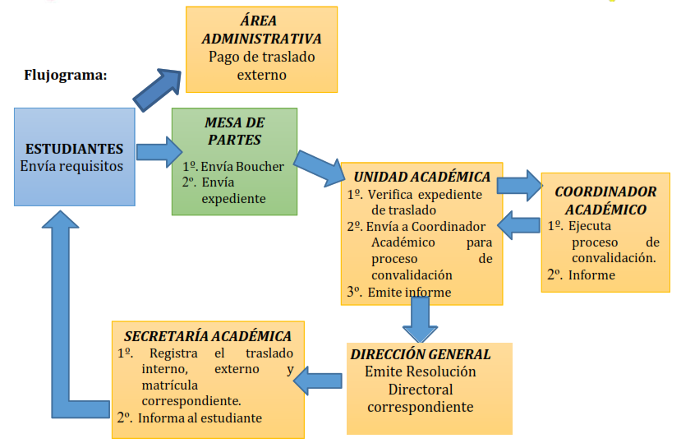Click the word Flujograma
(x=67, y=76)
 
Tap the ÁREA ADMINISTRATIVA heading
(x=261, y=30)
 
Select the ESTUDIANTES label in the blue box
(x=75, y=149)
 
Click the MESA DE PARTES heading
(x=234, y=131)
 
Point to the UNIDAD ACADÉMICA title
(x=421, y=177)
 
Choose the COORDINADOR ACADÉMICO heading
(x=605, y=200)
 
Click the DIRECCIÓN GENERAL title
(x=420, y=354)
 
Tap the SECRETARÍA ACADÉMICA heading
(x=207, y=336)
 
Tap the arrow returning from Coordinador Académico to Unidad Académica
(x=521, y=224)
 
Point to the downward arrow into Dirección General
(x=420, y=318)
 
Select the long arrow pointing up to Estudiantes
(x=62, y=312)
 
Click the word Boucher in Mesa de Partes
(x=259, y=166)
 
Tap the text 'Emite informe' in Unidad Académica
(x=409, y=291)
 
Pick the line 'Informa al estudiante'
(x=200, y=418)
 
